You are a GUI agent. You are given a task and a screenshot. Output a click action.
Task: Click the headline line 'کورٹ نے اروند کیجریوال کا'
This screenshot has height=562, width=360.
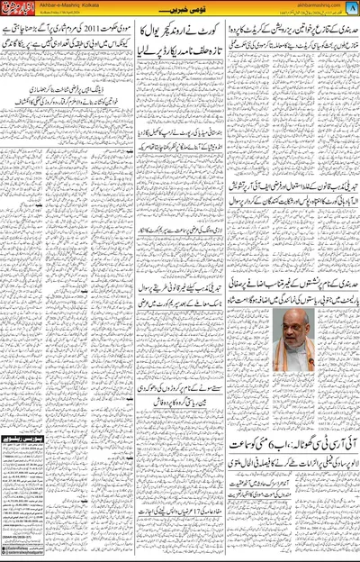coord(179,46)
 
